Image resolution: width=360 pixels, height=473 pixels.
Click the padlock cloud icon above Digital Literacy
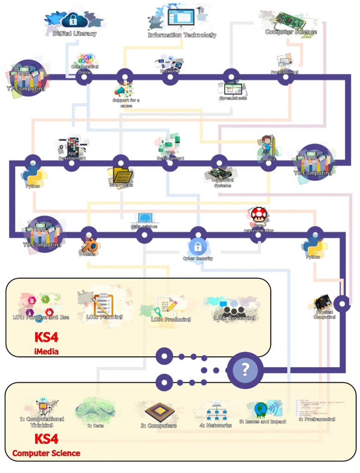(73, 19)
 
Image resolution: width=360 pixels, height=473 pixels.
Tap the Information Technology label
(182, 35)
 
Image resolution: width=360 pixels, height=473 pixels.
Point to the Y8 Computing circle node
(313, 163)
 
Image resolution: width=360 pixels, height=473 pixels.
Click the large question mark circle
(245, 369)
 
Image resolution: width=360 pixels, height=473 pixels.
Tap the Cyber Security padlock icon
(197, 246)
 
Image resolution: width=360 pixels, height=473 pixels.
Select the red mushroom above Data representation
(258, 214)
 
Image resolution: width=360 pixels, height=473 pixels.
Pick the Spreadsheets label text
(233, 98)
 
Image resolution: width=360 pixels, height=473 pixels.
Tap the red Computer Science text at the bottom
(46, 453)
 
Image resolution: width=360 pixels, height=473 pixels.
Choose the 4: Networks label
(215, 425)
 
